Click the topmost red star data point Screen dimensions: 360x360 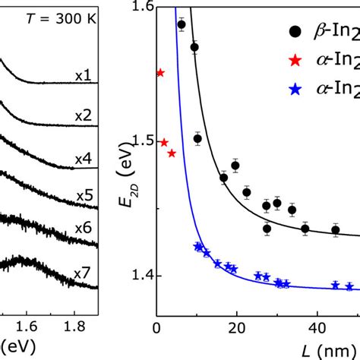click(x=159, y=73)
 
